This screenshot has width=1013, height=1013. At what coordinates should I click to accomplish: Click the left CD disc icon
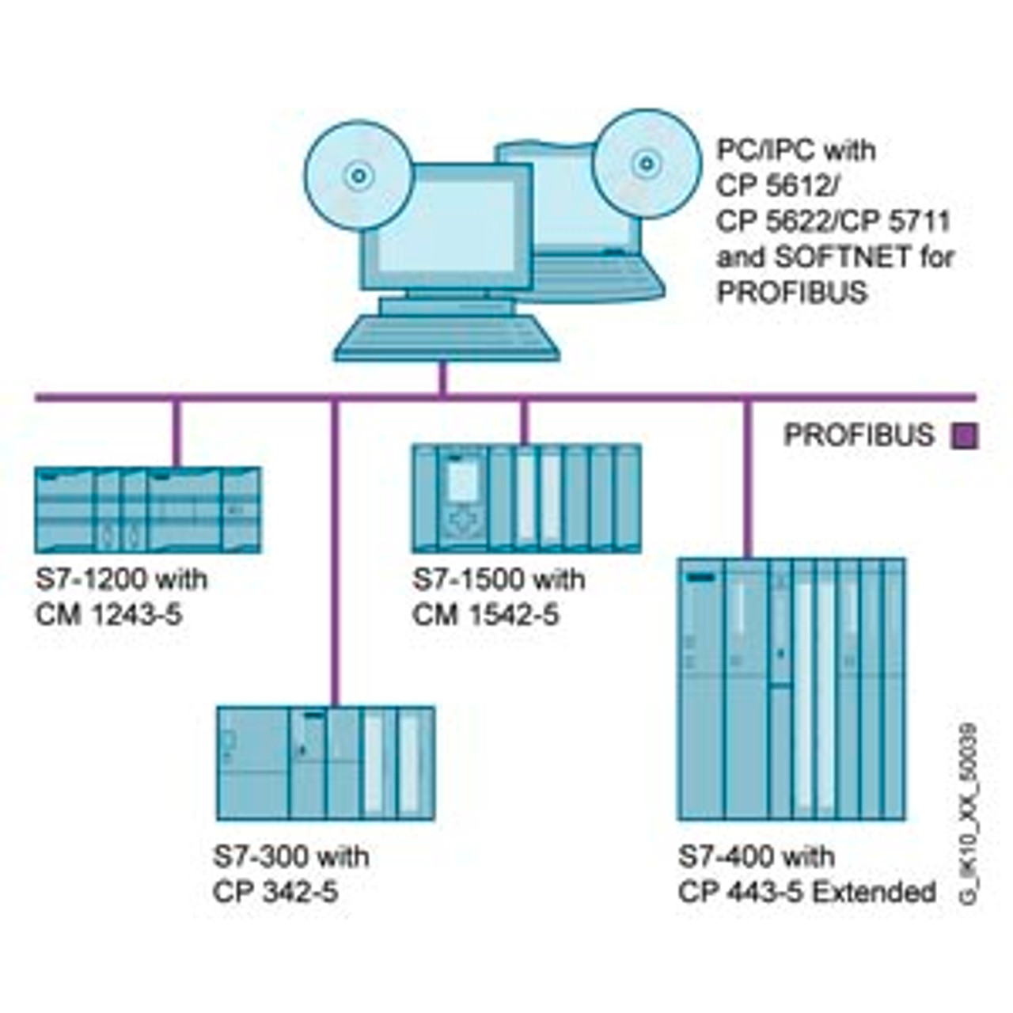click(359, 175)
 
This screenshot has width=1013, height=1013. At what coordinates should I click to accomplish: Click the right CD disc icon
click(647, 164)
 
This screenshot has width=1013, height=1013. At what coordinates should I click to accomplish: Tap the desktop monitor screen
click(446, 226)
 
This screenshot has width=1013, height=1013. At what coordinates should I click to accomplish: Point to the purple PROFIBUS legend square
click(965, 436)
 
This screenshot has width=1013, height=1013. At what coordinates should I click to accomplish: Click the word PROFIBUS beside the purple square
click(859, 435)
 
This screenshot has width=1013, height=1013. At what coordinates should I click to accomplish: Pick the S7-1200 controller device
click(148, 510)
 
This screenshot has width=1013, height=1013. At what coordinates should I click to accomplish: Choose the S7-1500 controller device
click(526, 498)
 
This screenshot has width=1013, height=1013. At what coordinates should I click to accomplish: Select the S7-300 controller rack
click(325, 763)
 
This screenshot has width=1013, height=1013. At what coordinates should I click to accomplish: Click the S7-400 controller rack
click(791, 689)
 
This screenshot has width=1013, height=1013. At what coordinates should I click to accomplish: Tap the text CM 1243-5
click(108, 614)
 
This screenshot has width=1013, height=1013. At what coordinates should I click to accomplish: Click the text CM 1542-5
click(485, 614)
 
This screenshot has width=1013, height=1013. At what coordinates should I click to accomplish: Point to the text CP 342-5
click(275, 892)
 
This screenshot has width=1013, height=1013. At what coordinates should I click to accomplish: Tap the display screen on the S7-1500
click(463, 479)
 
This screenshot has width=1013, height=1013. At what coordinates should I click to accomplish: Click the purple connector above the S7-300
click(335, 554)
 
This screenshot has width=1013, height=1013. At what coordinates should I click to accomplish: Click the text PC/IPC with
click(796, 150)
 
